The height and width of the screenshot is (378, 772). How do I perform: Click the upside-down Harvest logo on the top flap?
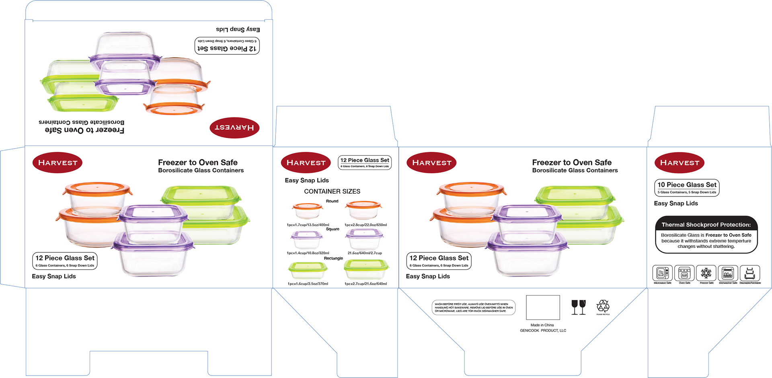tap(234, 128)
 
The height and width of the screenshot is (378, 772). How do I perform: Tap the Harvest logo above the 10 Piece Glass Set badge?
tap(680, 163)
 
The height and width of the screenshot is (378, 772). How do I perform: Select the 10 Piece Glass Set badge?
tap(687, 188)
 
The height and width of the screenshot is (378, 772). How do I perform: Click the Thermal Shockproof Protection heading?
tap(706, 225)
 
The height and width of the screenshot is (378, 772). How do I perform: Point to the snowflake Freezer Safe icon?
tap(706, 273)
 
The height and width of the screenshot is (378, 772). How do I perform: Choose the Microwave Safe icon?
tap(662, 273)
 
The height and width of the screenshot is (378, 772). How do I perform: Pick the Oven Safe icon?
tap(684, 273)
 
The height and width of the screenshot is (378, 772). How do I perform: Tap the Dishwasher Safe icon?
tap(728, 273)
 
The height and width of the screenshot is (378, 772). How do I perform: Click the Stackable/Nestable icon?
tap(749, 273)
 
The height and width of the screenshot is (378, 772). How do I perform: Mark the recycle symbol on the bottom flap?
tap(603, 306)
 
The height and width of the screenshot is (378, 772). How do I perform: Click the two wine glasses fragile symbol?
tap(579, 307)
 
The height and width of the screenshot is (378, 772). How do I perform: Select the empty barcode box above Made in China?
tap(543, 307)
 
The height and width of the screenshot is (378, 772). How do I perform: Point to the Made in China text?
tap(542, 325)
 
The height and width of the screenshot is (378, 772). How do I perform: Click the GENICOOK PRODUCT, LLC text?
tap(543, 330)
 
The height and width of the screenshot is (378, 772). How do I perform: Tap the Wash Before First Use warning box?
tap(474, 308)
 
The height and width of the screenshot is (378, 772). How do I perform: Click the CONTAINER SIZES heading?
tap(332, 191)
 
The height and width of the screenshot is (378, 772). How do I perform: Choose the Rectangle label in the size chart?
tap(333, 258)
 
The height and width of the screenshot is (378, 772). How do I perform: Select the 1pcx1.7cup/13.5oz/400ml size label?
tap(308, 225)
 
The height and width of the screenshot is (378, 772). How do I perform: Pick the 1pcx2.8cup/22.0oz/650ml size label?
tap(365, 225)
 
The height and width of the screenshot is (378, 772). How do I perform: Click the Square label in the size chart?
tap(333, 229)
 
